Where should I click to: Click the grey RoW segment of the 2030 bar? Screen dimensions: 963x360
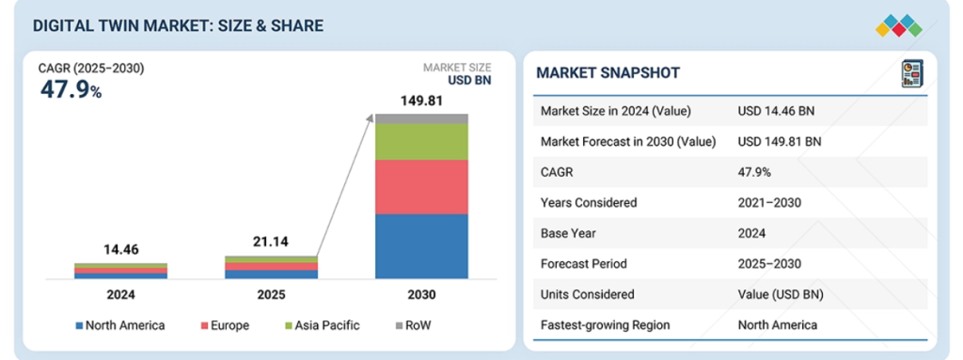421,118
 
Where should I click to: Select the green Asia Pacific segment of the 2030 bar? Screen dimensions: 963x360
421,142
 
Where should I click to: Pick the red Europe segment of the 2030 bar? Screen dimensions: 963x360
421,187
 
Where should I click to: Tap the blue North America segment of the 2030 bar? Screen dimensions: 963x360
421,246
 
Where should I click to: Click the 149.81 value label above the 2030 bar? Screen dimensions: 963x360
421,101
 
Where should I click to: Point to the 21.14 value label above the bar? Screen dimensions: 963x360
271,243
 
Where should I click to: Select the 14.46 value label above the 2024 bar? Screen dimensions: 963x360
121,250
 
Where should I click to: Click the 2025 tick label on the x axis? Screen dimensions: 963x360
271,295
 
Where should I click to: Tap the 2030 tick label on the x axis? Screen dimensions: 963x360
421,295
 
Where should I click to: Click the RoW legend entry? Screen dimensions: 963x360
413,325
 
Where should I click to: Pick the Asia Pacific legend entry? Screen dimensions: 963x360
322,325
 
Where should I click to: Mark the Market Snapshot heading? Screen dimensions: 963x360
608,73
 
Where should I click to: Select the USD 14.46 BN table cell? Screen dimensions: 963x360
776,111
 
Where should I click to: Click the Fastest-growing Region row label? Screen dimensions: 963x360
605,325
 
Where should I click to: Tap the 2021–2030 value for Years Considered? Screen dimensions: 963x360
769,203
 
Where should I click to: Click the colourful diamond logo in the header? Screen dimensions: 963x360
898,25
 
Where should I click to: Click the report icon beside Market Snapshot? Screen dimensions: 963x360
912,73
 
